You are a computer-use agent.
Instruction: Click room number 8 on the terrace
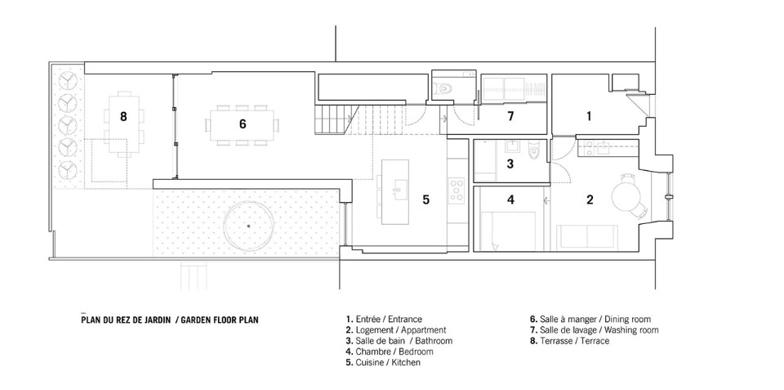tap(123, 117)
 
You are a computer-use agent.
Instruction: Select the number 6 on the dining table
tap(243, 123)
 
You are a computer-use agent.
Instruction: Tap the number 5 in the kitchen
tap(425, 199)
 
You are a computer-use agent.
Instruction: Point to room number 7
tap(510, 117)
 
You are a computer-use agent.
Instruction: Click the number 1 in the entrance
tap(589, 116)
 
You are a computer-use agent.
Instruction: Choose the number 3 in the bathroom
tap(510, 164)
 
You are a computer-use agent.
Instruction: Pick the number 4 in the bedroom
tap(510, 199)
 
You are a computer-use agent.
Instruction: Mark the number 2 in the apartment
tap(590, 199)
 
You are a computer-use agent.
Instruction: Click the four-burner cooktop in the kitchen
tap(457, 191)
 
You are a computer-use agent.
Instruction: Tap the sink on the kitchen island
tap(399, 191)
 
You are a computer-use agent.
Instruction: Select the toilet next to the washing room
tap(443, 89)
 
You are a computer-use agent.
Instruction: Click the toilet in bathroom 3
tap(533, 149)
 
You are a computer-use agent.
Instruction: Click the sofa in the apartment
tap(587, 236)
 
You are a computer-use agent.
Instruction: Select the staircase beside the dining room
tap(334, 120)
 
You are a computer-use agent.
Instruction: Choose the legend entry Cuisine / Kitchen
tap(383, 362)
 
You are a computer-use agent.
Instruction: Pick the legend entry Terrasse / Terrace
tap(570, 341)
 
